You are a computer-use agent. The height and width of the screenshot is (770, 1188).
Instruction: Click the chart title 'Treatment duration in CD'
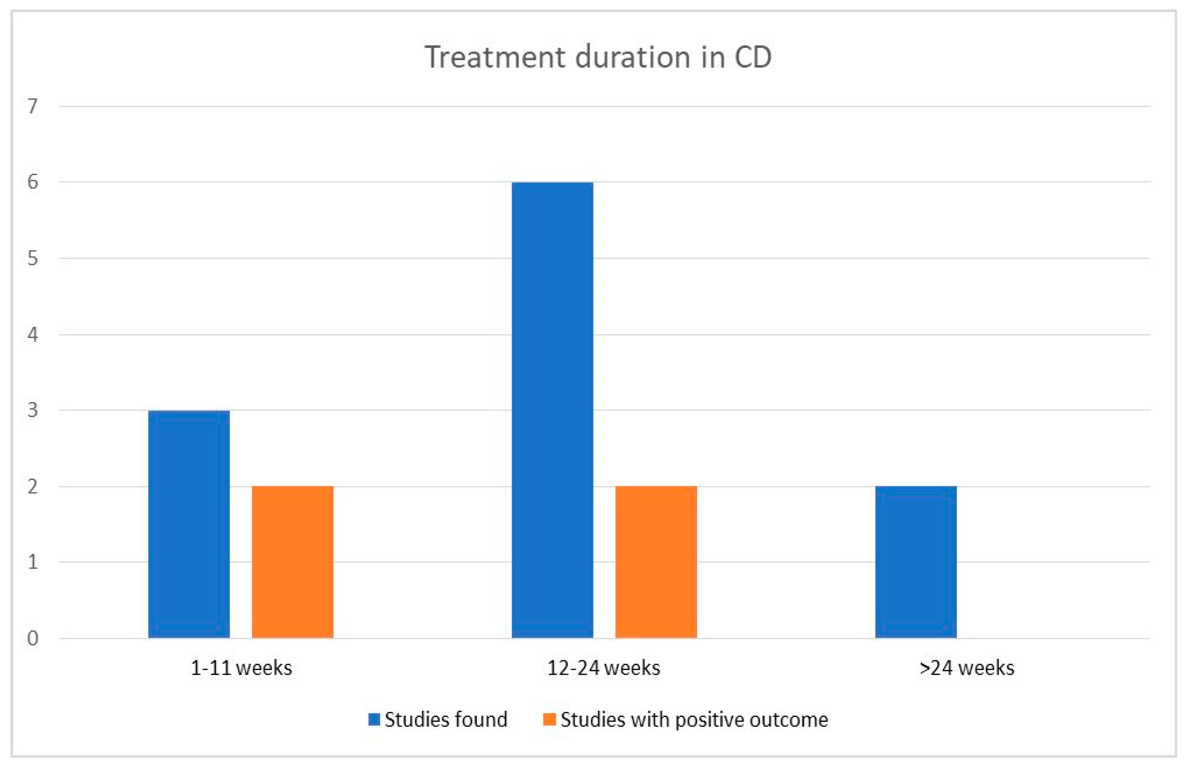598,57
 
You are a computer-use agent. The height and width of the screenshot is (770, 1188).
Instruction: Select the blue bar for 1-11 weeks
189,524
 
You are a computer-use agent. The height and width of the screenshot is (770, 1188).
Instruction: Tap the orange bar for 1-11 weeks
292,562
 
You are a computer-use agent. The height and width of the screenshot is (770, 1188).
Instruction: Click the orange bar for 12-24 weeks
656,562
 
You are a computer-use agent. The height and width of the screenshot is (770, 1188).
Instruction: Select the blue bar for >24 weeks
916,562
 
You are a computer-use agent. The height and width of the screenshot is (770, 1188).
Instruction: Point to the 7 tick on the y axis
33,106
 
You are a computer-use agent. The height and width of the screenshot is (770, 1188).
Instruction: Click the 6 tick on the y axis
33,182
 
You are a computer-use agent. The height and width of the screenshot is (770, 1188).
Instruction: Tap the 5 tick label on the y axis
33,258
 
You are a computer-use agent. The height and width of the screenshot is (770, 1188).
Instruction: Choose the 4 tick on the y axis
33,334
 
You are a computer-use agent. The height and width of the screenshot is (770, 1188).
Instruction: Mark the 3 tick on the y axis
33,410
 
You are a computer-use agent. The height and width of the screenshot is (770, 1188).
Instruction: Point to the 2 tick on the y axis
33,486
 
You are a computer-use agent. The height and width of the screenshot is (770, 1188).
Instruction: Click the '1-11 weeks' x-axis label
241,668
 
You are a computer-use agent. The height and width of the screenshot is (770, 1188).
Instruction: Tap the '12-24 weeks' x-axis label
604,668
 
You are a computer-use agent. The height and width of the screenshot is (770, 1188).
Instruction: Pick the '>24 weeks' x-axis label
967,668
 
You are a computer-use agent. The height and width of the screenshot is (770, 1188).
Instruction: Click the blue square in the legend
374,719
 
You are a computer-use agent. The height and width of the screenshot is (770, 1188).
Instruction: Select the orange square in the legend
549,719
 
